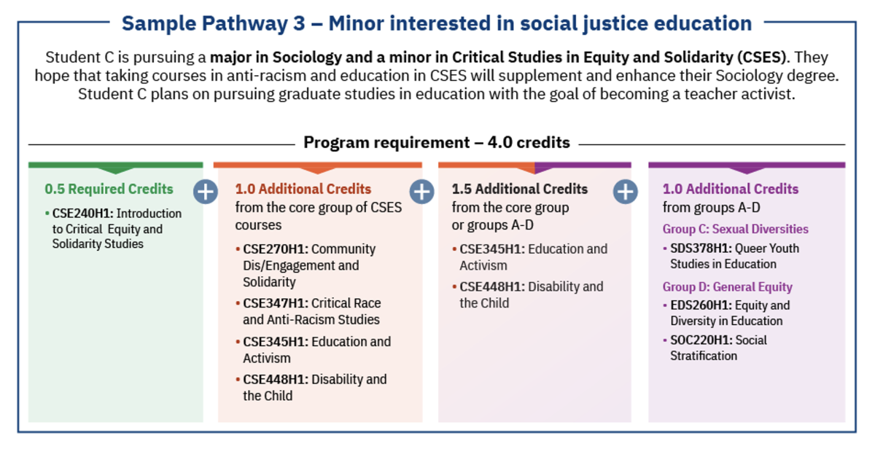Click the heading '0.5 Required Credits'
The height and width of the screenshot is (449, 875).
pos(109,189)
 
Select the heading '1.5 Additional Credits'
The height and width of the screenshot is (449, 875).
pos(519,189)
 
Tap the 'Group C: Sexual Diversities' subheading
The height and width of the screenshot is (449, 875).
pos(736,229)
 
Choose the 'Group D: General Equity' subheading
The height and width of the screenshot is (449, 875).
pos(728,287)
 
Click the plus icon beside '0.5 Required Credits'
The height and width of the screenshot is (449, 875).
pos(206,192)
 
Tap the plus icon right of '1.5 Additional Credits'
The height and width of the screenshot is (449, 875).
pos(625,192)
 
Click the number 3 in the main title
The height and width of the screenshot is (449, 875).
pos(299,23)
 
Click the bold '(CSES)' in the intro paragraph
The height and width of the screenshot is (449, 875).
pos(761,58)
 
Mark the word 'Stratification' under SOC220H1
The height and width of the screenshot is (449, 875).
pos(704,356)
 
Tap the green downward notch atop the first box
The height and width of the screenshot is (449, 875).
pos(115,171)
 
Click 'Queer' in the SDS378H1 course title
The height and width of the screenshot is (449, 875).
pos(752,249)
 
